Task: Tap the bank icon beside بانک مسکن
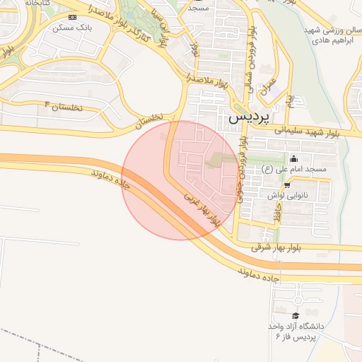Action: click(x=72, y=16)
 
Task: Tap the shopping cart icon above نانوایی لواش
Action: click(x=287, y=184)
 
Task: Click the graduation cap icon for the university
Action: click(x=296, y=315)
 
